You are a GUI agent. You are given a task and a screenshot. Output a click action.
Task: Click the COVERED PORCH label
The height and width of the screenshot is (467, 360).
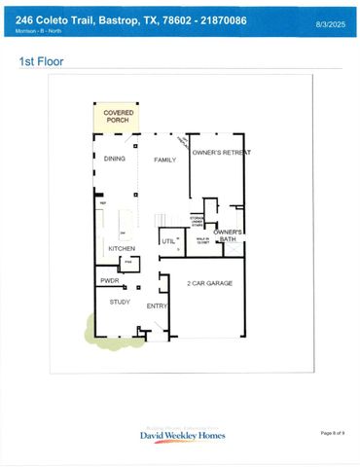(119, 119)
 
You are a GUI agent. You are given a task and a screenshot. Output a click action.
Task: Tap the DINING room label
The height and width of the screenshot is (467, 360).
(115, 158)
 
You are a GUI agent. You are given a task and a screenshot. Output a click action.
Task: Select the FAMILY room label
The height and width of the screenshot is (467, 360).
(160, 158)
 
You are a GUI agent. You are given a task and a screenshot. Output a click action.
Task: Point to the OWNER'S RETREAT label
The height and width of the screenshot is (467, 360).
(221, 153)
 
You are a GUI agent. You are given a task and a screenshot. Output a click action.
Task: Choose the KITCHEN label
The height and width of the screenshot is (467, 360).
(122, 249)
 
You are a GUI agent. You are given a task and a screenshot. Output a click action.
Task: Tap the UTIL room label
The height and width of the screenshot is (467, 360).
(167, 240)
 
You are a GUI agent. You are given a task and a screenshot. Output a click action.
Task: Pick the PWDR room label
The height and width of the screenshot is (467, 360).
(110, 280)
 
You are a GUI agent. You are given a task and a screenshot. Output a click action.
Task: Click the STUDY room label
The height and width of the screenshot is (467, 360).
(120, 302)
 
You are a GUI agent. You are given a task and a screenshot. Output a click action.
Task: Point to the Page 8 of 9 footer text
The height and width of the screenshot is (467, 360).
(332, 432)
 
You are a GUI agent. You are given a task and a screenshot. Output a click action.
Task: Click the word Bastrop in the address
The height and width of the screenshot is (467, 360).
(115, 18)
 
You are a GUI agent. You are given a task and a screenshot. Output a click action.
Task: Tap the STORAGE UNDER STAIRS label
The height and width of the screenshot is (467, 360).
(197, 220)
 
